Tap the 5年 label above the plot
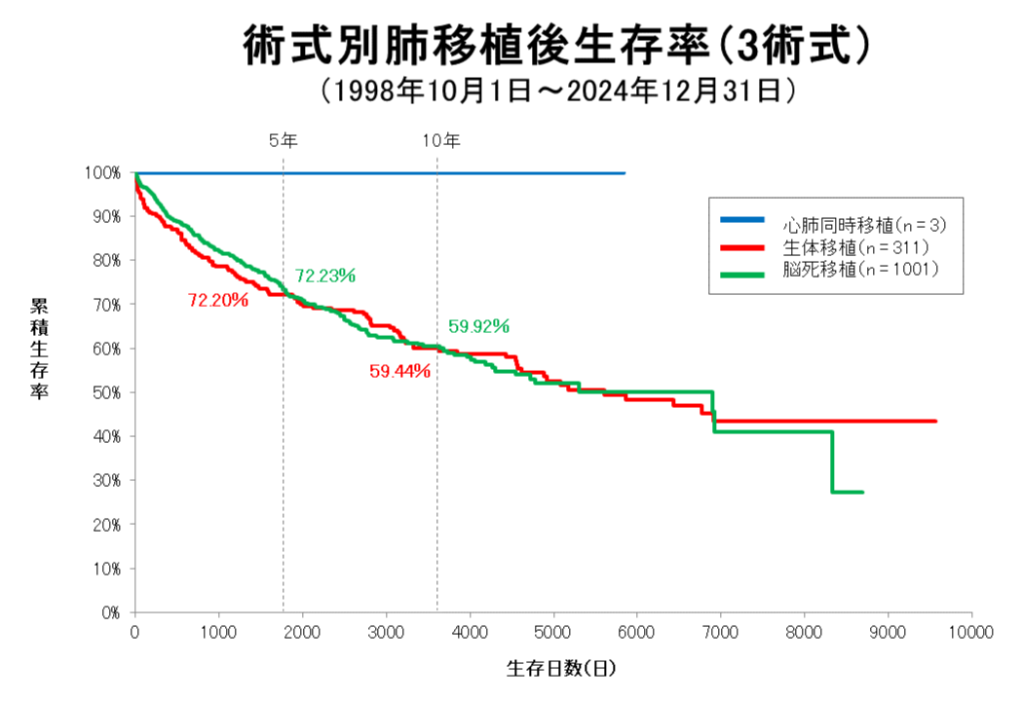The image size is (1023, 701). tap(284, 140)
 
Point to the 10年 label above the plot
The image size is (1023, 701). tap(440, 140)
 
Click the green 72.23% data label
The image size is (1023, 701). tap(325, 276)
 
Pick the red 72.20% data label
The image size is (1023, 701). tap(218, 300)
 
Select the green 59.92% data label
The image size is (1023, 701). tap(479, 326)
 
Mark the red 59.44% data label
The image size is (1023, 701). tap(399, 371)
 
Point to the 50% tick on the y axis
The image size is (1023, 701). tap(108, 392)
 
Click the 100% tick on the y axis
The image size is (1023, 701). tap(105, 173)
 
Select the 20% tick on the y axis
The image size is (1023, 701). tap(108, 525)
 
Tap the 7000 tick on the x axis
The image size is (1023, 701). tap(721, 632)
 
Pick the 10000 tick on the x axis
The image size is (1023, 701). tap(971, 632)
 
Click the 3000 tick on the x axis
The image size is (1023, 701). tap(386, 632)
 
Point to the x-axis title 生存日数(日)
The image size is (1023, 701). tap(561, 669)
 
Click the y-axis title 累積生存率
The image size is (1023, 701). tap(40, 349)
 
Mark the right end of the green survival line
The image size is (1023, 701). tap(862, 492)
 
